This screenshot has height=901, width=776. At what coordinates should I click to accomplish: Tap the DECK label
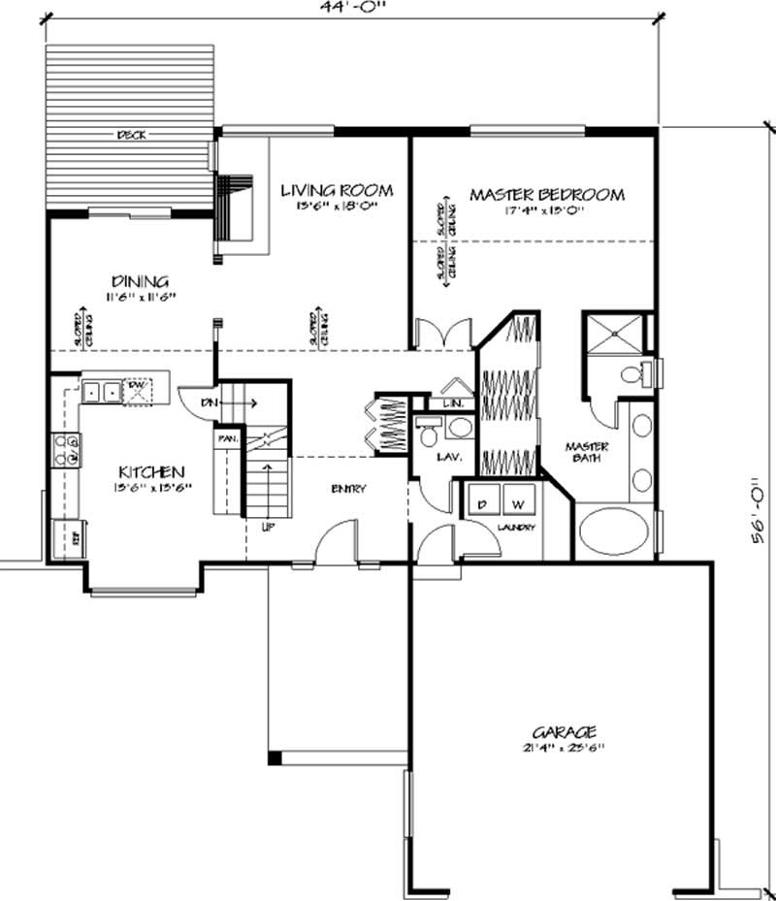[131, 136]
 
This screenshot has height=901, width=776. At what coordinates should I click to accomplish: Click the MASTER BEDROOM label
[547, 195]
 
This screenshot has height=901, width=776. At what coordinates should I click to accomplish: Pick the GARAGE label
[563, 731]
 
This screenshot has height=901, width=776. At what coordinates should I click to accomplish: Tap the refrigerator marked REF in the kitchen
[70, 533]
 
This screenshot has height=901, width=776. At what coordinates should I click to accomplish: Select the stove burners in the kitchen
[66, 451]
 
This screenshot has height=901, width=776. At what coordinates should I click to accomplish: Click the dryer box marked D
[482, 504]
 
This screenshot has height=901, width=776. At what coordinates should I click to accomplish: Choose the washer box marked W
[518, 504]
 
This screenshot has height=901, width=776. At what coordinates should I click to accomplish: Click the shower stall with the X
[611, 334]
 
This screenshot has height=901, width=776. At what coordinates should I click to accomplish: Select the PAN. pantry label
[227, 438]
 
